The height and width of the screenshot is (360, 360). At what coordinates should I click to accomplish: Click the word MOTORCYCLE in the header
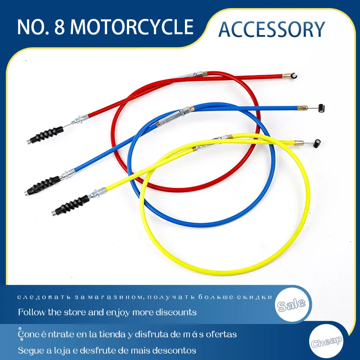(x=132, y=27)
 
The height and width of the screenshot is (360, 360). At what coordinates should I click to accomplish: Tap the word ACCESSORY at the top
(x=271, y=29)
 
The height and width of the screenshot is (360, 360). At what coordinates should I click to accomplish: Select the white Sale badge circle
(x=292, y=305)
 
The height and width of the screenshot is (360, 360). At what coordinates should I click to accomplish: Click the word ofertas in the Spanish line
(x=220, y=334)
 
